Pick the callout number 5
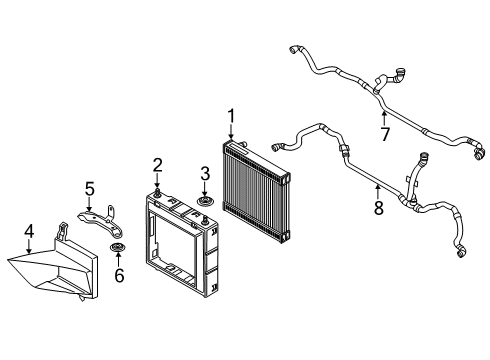point(89,187)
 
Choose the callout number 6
point(120,271)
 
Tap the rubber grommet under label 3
point(205,204)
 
